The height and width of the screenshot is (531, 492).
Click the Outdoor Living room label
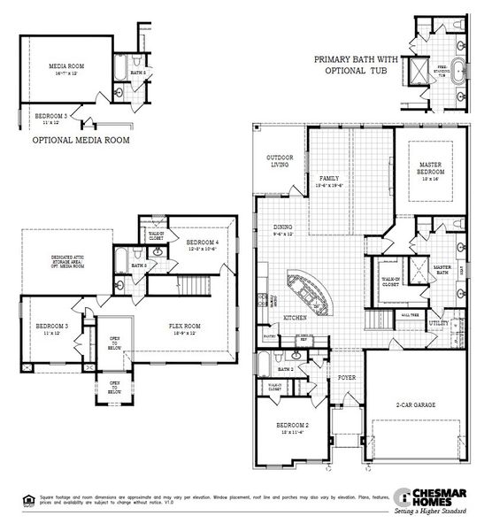(280, 161)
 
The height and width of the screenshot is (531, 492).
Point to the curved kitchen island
(309, 293)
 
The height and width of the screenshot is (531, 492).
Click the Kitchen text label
(295, 317)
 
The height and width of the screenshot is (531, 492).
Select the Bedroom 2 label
(293, 427)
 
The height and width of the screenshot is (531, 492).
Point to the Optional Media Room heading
(81, 140)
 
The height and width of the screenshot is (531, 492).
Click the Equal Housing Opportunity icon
(17, 497)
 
